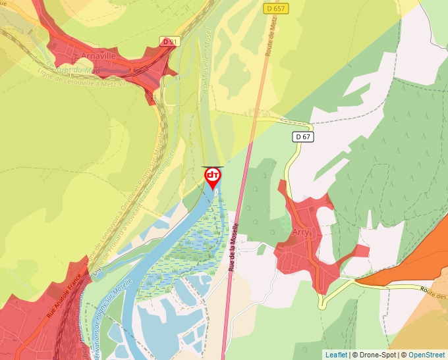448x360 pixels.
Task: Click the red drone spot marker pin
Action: pyautogui.click(x=212, y=176)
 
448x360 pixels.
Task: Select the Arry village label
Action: pyautogui.click(x=300, y=232)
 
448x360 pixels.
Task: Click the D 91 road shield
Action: pyautogui.click(x=169, y=41)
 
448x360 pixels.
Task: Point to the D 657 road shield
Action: pyautogui.click(x=277, y=8)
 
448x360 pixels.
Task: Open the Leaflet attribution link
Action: pyautogui.click(x=335, y=355)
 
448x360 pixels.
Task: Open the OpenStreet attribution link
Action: pyautogui.click(x=426, y=355)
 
